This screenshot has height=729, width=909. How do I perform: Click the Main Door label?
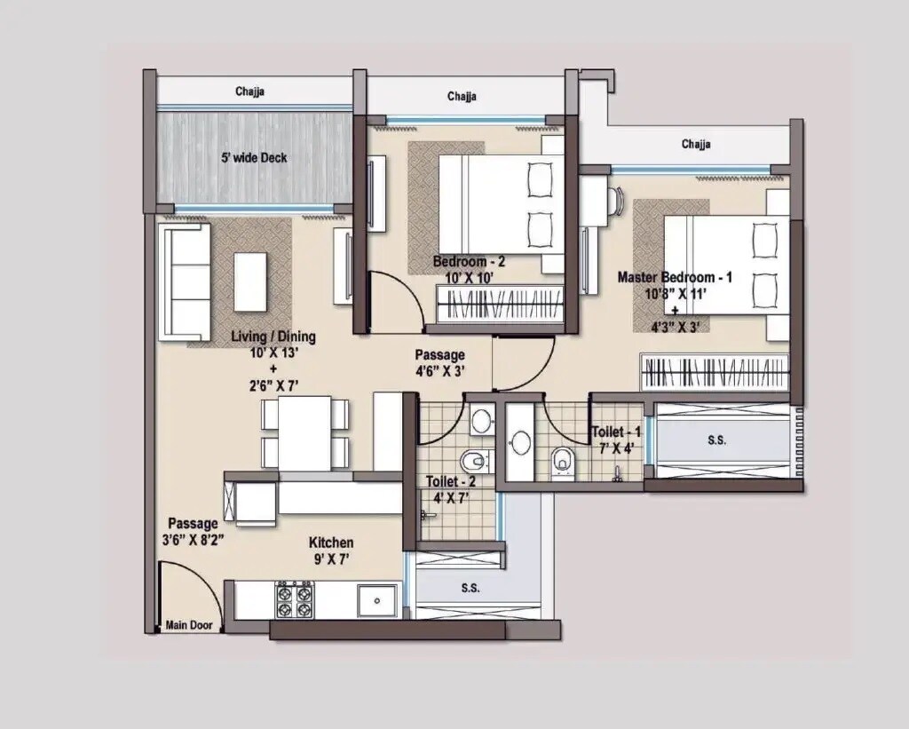(x=189, y=625)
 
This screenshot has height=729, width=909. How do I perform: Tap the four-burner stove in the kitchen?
(x=294, y=600)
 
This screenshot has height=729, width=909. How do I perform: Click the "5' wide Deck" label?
(x=254, y=158)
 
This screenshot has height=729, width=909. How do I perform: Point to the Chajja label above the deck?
(x=250, y=91)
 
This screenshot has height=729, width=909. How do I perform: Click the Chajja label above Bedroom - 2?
(x=462, y=96)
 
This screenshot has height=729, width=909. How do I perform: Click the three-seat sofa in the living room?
(x=184, y=281)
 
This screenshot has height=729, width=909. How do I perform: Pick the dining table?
(x=304, y=433)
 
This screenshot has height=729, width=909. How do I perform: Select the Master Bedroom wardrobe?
(x=715, y=372)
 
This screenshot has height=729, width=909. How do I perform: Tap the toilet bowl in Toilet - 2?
(x=475, y=460)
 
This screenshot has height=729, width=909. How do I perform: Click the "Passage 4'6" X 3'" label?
(x=440, y=363)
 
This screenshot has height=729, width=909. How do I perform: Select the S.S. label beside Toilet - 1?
(x=716, y=440)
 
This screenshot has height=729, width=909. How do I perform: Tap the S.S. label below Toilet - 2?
(x=471, y=588)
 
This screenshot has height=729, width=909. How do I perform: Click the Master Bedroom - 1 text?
(x=675, y=277)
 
